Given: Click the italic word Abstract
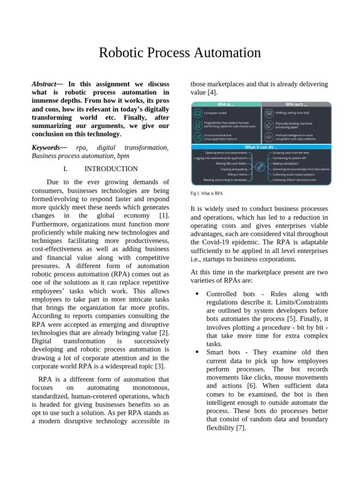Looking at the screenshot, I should coord(44,84).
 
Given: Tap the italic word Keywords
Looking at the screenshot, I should coord(45,148).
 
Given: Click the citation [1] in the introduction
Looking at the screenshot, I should coord(164,216).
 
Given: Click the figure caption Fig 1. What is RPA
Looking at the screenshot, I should coord(207,193).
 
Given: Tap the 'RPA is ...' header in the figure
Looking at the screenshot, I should coord(226,105).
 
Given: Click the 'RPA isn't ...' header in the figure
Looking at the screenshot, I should coord(296,105).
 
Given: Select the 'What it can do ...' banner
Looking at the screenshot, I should coord(261,147).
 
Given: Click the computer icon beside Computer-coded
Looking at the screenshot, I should coord(197,113).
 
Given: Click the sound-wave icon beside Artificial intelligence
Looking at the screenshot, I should coord(269,137).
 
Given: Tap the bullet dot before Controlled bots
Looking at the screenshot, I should coord(197,293).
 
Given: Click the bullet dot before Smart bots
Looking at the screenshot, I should coord(197,352).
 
